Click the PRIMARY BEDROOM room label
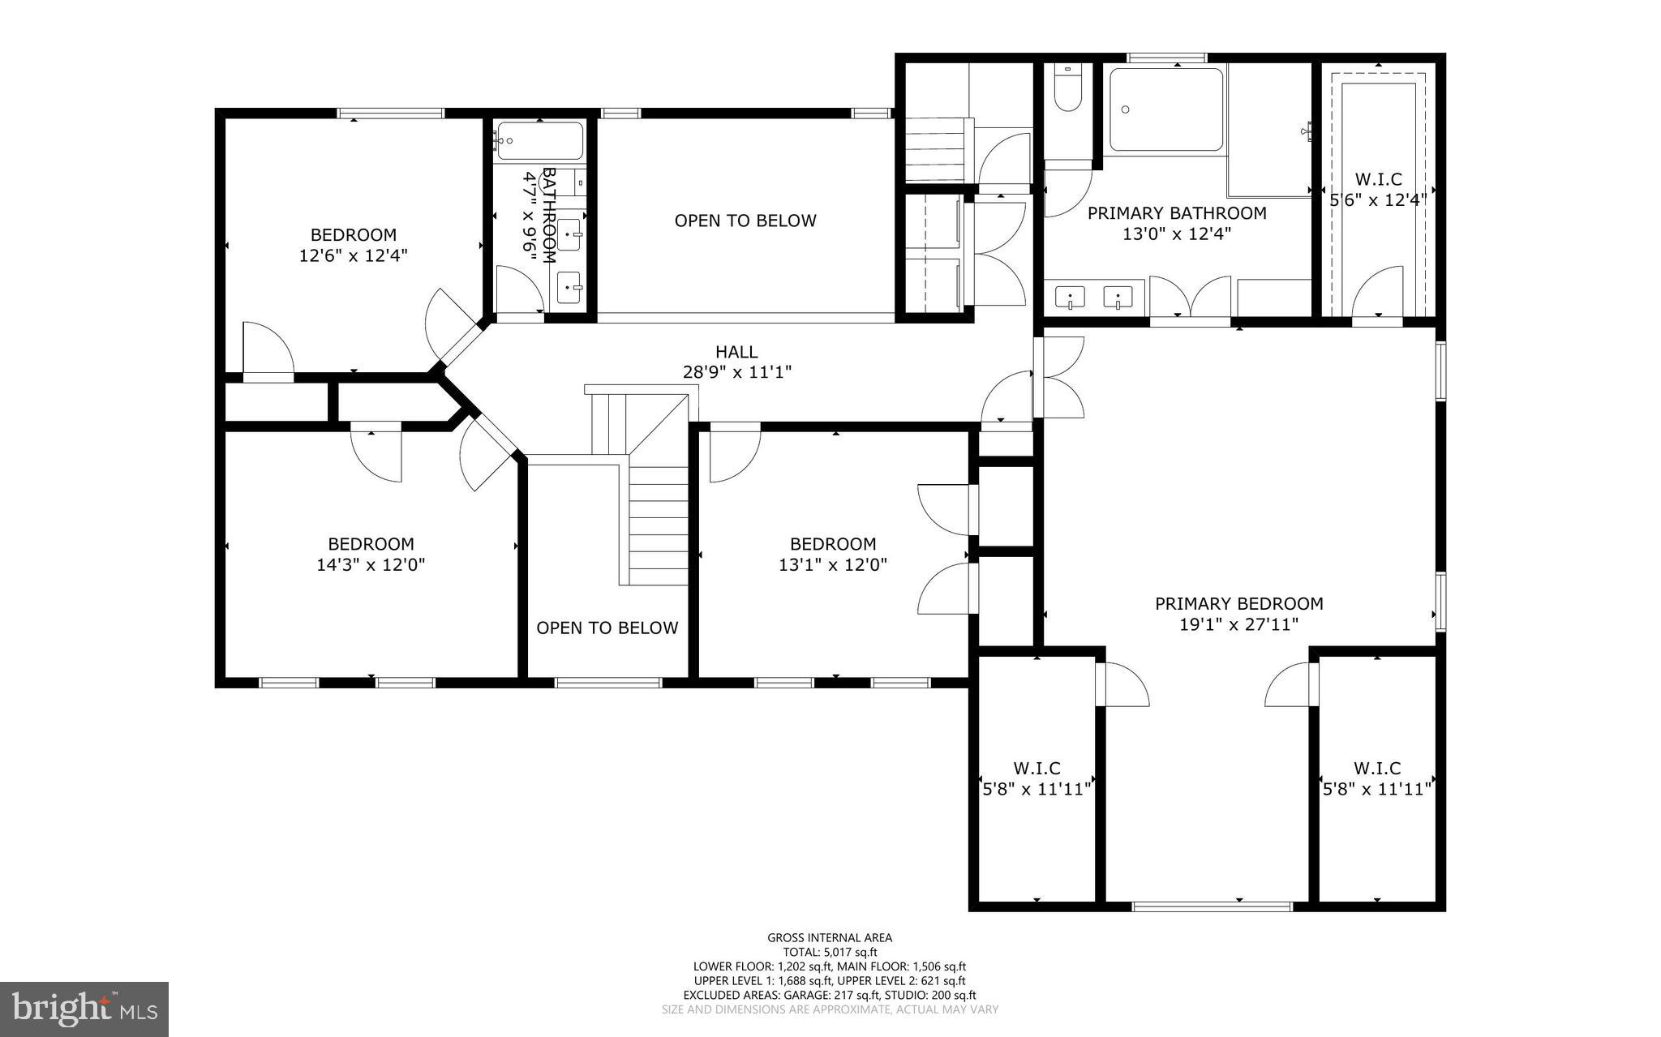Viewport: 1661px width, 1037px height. tap(1238, 603)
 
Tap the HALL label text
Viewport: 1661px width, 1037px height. tap(736, 352)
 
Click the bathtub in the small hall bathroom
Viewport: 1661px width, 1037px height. tap(539, 141)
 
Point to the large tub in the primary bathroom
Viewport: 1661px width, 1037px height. tap(1165, 110)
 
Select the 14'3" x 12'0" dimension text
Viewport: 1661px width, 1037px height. tap(371, 565)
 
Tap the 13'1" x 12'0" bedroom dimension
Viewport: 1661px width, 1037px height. tap(833, 565)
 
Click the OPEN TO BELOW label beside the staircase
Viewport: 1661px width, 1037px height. tap(607, 628)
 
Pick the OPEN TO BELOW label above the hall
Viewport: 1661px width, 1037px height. tap(745, 221)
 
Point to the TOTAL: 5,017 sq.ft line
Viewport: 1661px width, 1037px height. tap(830, 953)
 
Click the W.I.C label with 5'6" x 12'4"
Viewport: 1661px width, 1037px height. tap(1378, 180)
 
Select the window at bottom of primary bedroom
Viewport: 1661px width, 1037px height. tap(1212, 906)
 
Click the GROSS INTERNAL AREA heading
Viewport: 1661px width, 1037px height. tap(830, 938)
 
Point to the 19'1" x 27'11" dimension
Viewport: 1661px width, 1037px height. tap(1238, 624)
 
